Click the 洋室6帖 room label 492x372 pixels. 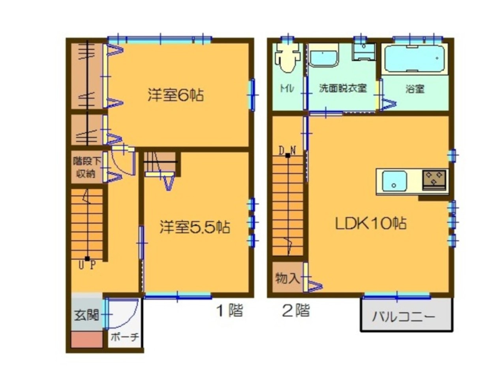(x=176, y=95)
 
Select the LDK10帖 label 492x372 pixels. (x=371, y=224)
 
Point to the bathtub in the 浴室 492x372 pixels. (x=415, y=58)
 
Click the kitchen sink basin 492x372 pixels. (x=394, y=181)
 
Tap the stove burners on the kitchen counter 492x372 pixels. (x=434, y=178)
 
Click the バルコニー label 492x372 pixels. (x=404, y=317)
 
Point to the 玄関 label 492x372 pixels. (x=86, y=316)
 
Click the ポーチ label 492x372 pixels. (x=124, y=338)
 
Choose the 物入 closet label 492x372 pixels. (x=287, y=279)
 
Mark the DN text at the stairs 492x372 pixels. (x=287, y=150)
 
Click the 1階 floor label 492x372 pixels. (x=229, y=311)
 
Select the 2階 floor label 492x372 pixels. (x=296, y=311)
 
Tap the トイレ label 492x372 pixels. (x=287, y=89)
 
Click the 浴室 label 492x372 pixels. (x=415, y=89)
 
